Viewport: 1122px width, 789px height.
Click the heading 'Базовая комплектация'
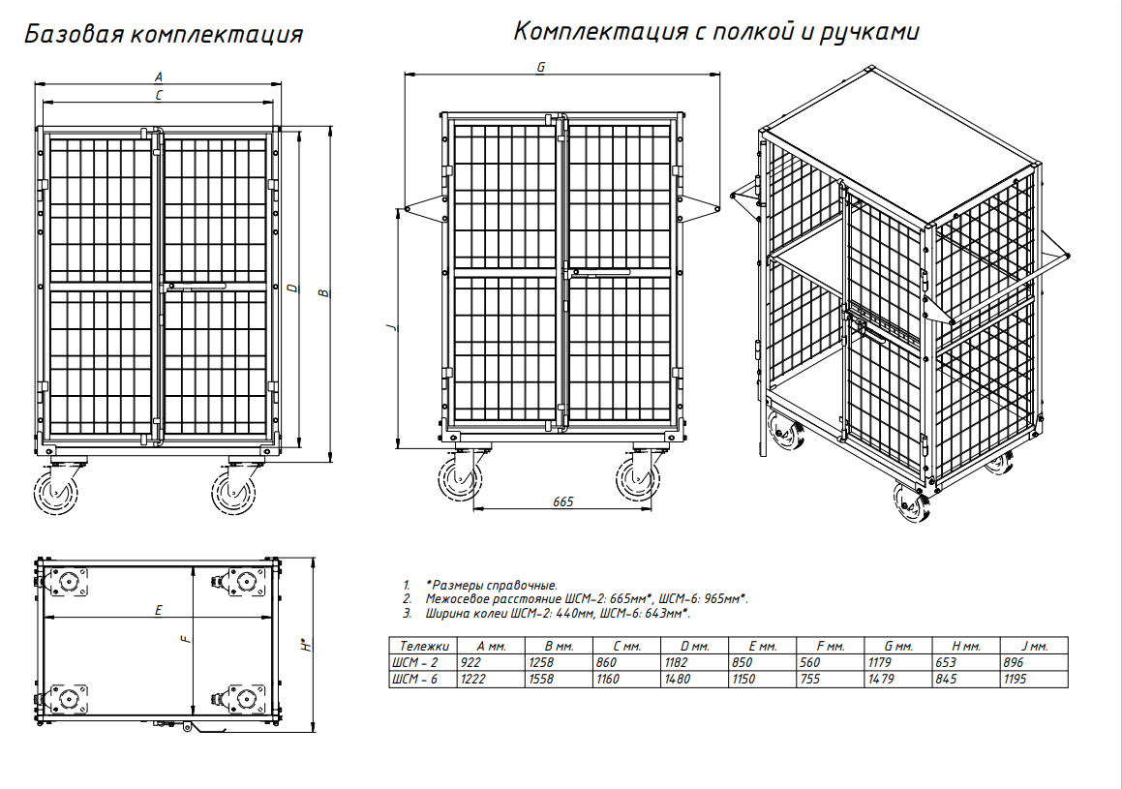(164, 34)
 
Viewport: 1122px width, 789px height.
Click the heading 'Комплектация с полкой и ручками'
(716, 32)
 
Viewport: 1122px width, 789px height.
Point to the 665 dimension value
(563, 502)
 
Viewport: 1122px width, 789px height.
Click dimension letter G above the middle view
(541, 67)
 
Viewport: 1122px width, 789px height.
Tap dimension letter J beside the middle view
(391, 327)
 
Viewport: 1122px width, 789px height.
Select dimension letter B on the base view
(323, 292)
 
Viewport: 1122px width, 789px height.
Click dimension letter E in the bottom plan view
(158, 610)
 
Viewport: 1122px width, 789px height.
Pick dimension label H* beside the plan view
(306, 644)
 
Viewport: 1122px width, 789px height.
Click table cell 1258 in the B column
(541, 662)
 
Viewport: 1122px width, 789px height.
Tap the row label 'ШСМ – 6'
(414, 679)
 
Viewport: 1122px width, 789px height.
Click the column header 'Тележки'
(424, 646)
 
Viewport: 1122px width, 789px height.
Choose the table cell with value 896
(1014, 662)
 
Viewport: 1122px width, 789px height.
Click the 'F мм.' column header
(830, 646)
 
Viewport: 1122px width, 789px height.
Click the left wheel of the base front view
(56, 492)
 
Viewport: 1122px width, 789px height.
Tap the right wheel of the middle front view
(638, 478)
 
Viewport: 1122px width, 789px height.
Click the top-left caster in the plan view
(68, 583)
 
